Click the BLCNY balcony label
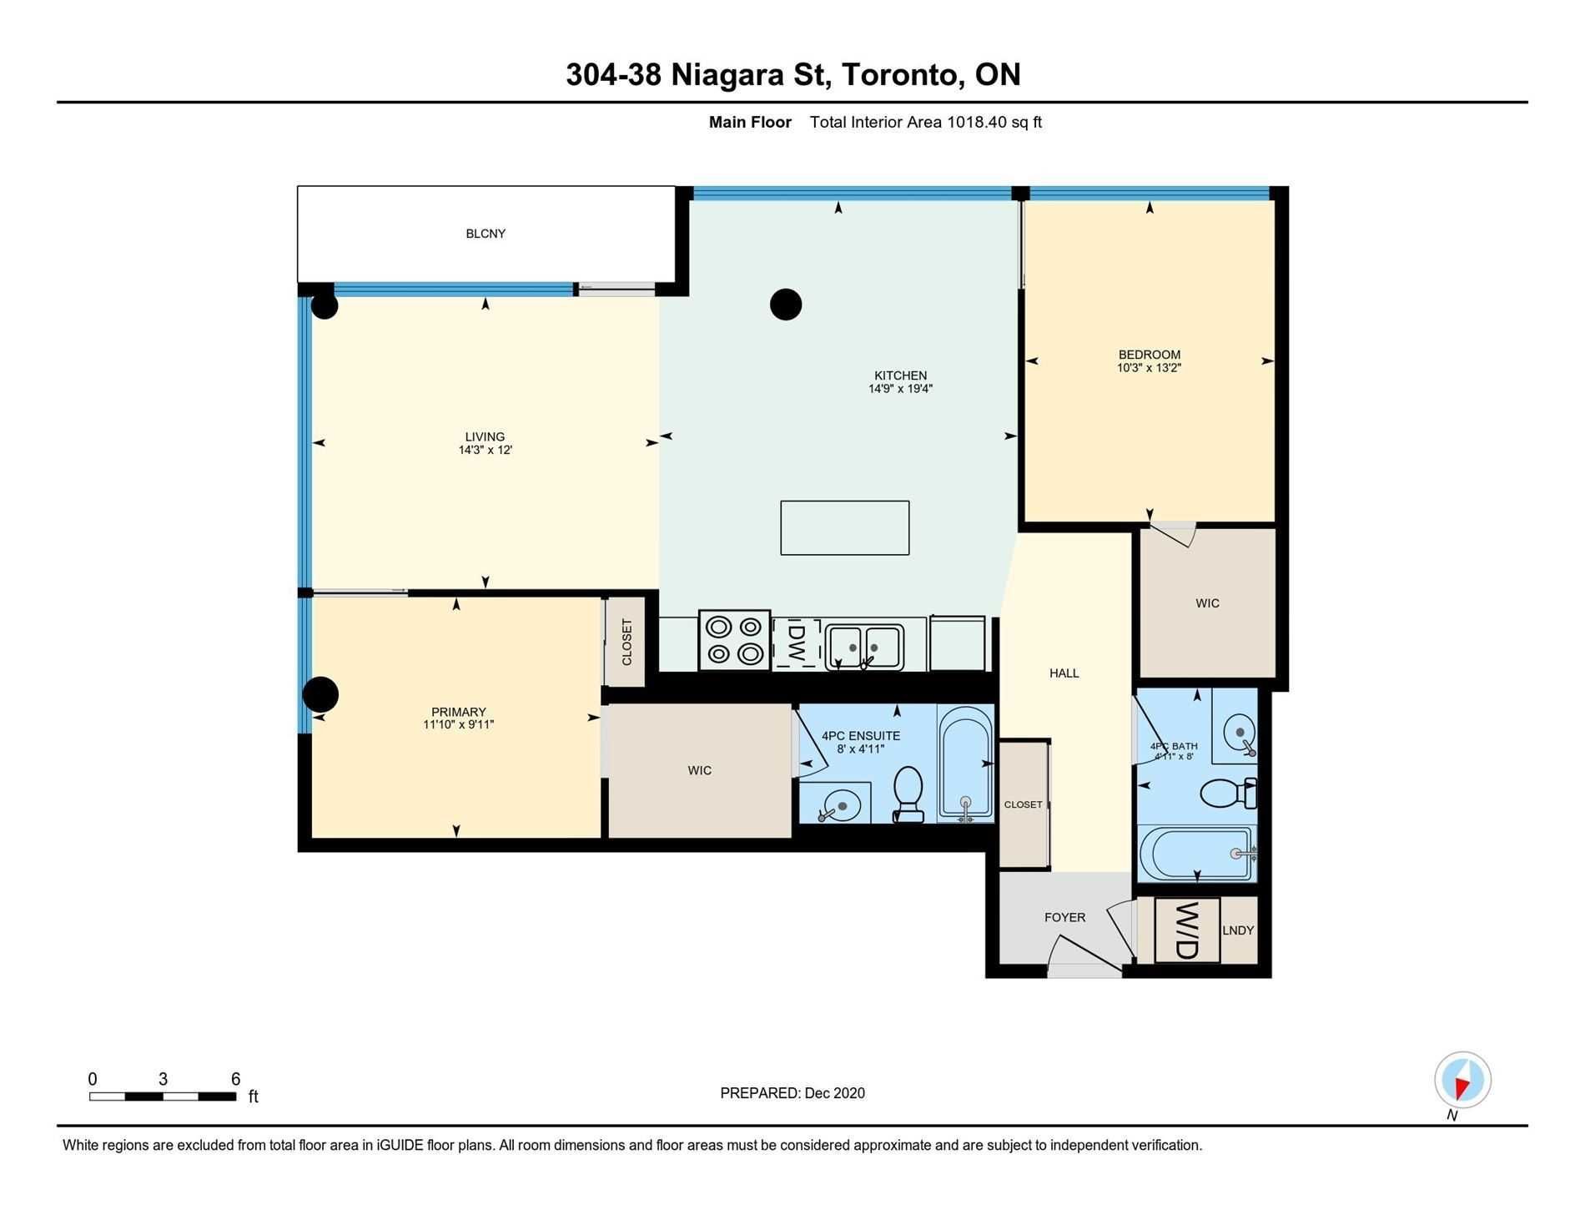point(486,234)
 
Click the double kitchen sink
point(864,648)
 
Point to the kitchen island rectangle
point(844,527)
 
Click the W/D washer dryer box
point(1187,930)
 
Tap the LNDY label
point(1238,930)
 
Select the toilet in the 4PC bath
point(1229,793)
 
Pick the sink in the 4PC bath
point(1240,733)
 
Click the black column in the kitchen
point(785,305)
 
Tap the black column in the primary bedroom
point(320,694)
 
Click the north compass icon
point(1462,1080)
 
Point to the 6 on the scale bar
point(236,1079)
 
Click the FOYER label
point(1064,917)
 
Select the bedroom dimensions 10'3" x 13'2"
point(1150,368)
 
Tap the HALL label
point(1064,673)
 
